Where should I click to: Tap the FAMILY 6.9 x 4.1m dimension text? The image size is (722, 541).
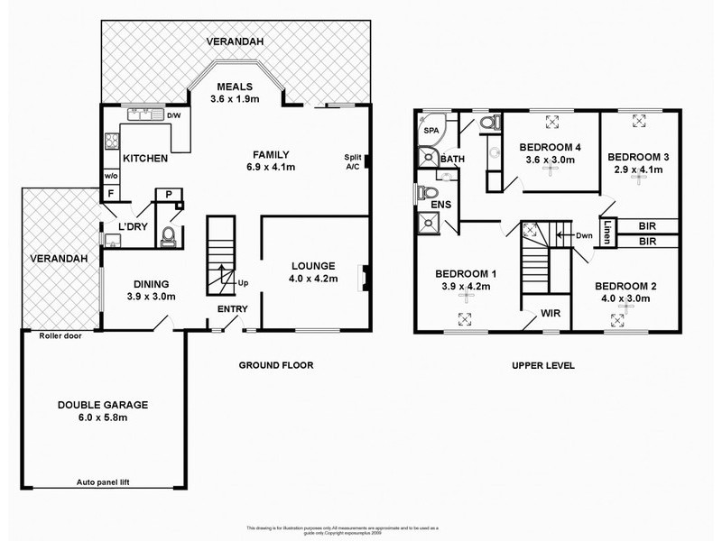(270, 167)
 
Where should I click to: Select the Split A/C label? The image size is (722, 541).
(352, 162)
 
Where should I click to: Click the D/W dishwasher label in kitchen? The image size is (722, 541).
(173, 115)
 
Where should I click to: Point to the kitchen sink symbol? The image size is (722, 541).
(140, 115)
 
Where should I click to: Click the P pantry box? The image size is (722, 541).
(169, 193)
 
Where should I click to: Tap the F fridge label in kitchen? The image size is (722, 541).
(110, 193)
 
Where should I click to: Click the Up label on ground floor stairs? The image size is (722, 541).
(242, 282)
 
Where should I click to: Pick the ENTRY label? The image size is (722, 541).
(231, 309)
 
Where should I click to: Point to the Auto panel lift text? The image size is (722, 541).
(105, 483)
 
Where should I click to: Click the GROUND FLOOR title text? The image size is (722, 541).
(275, 366)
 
